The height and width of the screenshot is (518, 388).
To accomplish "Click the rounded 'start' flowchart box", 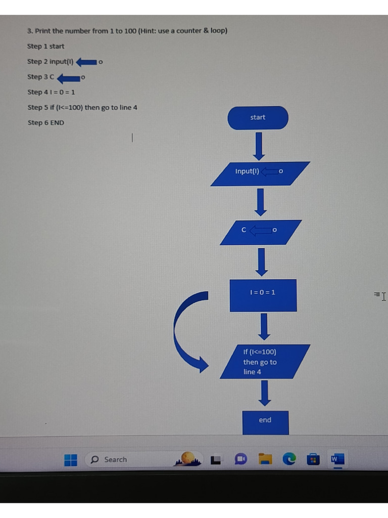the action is (258, 117).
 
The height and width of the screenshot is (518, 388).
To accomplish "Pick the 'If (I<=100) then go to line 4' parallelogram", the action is (265, 361).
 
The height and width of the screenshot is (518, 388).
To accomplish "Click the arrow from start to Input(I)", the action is (259, 146).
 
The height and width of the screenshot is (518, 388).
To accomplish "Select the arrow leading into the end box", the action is (264, 393).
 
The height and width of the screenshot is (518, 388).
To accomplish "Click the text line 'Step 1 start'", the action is (45, 47).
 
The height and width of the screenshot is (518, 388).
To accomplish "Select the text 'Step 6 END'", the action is (45, 123).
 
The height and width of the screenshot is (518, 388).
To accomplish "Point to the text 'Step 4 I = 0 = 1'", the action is (51, 92).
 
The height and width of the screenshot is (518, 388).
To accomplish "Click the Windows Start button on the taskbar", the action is (71, 460).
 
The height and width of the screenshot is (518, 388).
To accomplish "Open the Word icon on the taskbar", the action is (337, 459).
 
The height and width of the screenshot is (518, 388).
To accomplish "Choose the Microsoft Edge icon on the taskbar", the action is (289, 459).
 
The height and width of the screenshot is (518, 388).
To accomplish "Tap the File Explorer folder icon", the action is (265, 459).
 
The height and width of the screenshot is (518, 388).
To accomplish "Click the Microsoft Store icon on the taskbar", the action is (313, 459).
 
